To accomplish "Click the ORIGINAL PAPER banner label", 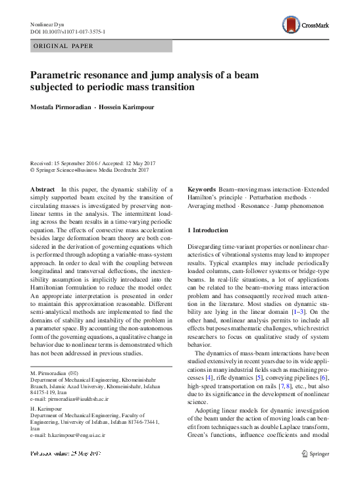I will (63, 46).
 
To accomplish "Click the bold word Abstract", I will (42, 189).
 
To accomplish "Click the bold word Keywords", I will (201, 189).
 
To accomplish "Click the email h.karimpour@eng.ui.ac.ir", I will (76, 436).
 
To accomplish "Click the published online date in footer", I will (66, 454).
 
